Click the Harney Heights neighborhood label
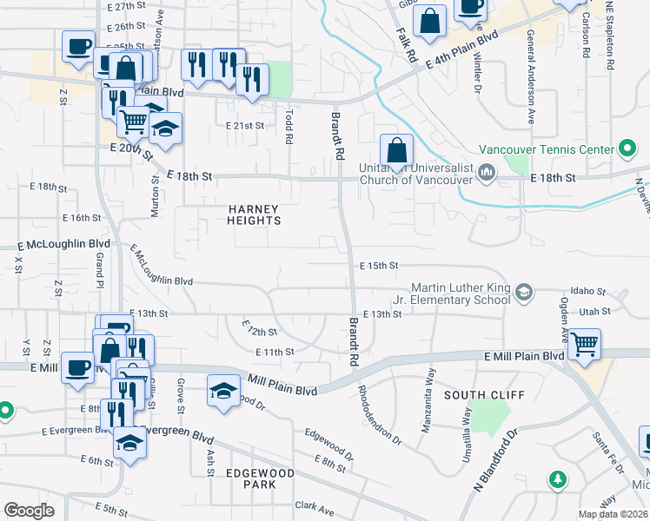click(254, 214)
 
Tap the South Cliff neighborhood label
click(484, 395)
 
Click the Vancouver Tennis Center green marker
click(627, 149)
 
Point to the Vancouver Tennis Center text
click(547, 149)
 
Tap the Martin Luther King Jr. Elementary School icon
click(523, 292)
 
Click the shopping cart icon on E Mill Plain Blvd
click(584, 343)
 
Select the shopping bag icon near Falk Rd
click(429, 20)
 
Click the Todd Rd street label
click(289, 127)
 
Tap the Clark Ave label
click(315, 505)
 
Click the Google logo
click(29, 511)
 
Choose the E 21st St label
click(244, 125)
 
